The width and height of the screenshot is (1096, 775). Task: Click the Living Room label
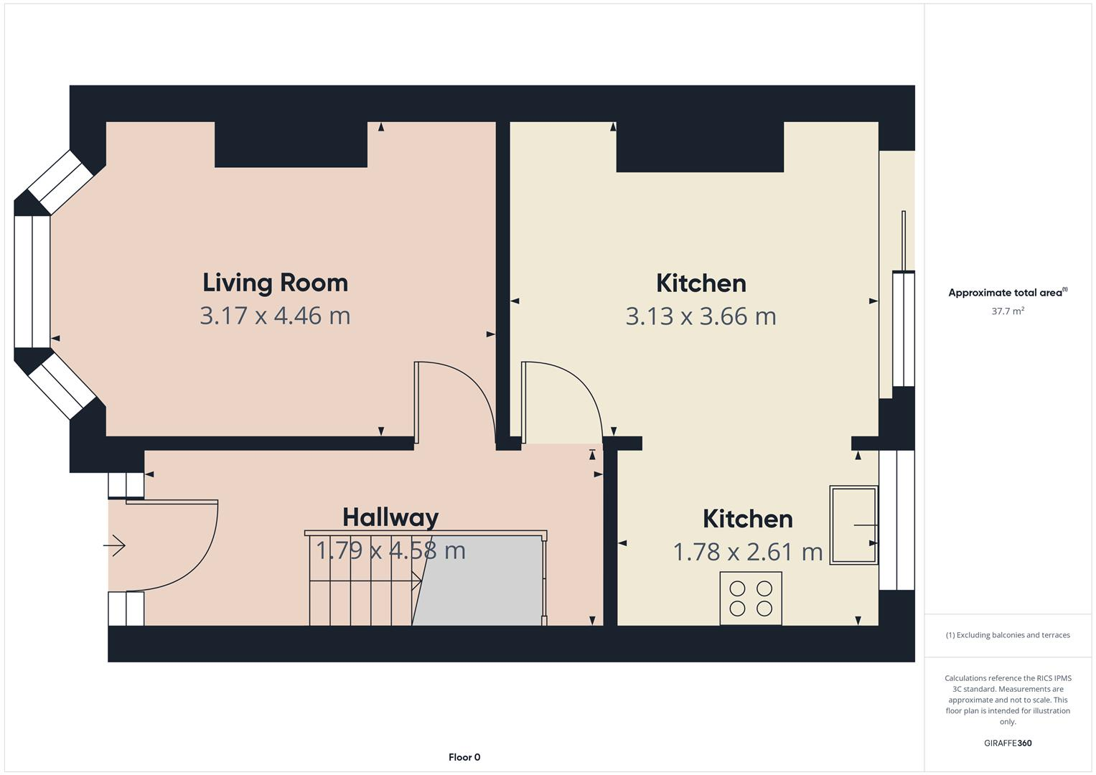pyautogui.click(x=275, y=283)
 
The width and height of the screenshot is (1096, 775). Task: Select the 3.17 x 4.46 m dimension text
pyautogui.click(x=275, y=316)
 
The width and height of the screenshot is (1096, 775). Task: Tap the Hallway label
pyautogui.click(x=390, y=517)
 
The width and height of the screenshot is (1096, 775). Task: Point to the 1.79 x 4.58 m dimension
pyautogui.click(x=390, y=550)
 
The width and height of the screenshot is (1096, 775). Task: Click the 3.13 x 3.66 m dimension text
pyautogui.click(x=701, y=316)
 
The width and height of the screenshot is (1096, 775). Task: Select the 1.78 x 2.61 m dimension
pyautogui.click(x=747, y=552)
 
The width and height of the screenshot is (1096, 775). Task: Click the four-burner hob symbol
pyautogui.click(x=751, y=598)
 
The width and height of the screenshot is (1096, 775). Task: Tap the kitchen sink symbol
pyautogui.click(x=853, y=525)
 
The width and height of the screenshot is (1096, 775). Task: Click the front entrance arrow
pyautogui.click(x=115, y=546)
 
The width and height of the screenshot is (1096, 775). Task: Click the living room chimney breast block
pyautogui.click(x=291, y=144)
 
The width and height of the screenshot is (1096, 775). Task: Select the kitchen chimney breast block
pyautogui.click(x=700, y=147)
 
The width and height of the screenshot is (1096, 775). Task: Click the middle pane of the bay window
pyautogui.click(x=32, y=281)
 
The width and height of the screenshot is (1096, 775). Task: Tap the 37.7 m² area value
pyautogui.click(x=1008, y=311)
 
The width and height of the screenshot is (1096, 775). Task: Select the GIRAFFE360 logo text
pyautogui.click(x=1008, y=743)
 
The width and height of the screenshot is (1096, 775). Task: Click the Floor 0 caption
pyautogui.click(x=464, y=757)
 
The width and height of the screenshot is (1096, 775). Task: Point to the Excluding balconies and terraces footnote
pyautogui.click(x=1008, y=635)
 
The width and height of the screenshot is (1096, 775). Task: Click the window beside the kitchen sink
pyautogui.click(x=897, y=520)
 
